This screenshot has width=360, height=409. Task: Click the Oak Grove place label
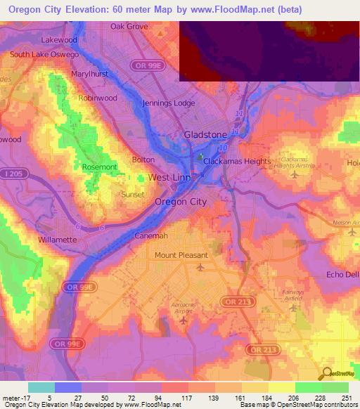pyautogui.click(x=129, y=27)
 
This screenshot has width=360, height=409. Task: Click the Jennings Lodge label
pyautogui.click(x=169, y=103)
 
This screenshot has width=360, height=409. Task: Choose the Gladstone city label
pyautogui.click(x=205, y=134)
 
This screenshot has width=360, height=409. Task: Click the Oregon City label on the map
pyautogui.click(x=181, y=202)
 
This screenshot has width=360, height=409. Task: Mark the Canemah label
pyautogui.click(x=150, y=236)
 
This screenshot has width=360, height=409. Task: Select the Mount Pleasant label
pyautogui.click(x=181, y=255)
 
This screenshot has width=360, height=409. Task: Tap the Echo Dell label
pyautogui.click(x=343, y=274)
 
